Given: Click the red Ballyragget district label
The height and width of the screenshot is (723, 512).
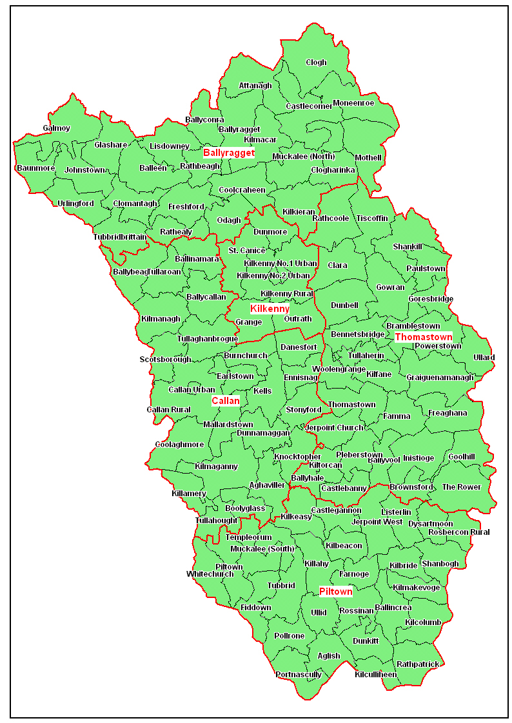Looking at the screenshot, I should pyautogui.click(x=229, y=153).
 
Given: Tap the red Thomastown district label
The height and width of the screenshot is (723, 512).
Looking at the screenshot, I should pyautogui.click(x=423, y=337).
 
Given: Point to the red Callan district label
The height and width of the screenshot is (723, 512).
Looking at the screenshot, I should pyautogui.click(x=226, y=401).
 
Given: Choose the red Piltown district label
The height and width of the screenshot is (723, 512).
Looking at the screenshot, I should pyautogui.click(x=336, y=592).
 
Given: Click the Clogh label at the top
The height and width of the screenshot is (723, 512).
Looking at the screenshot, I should pyautogui.click(x=316, y=63).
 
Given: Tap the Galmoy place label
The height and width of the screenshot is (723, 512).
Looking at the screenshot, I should pyautogui.click(x=57, y=128).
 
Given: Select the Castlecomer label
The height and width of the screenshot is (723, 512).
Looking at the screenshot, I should pyautogui.click(x=309, y=106).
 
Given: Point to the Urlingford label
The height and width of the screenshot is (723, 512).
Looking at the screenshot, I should pyautogui.click(x=75, y=204).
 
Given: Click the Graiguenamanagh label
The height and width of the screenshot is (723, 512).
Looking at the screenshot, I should pyautogui.click(x=440, y=378).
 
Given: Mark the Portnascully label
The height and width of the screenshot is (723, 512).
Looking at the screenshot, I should pyautogui.click(x=298, y=675).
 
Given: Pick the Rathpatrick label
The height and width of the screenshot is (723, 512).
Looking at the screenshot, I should pyautogui.click(x=418, y=664).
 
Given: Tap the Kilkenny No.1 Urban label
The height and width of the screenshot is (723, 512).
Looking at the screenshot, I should pyautogui.click(x=281, y=263).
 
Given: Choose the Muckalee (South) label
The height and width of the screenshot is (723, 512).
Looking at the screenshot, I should pyautogui.click(x=262, y=549).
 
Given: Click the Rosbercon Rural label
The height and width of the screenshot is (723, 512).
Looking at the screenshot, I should pyautogui.click(x=458, y=532).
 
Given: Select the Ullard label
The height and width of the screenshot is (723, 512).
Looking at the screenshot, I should pyautogui.click(x=484, y=358).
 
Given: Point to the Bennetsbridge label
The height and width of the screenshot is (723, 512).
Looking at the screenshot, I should pyautogui.click(x=357, y=334).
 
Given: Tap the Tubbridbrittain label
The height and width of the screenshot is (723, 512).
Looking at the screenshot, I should pyautogui.click(x=120, y=236).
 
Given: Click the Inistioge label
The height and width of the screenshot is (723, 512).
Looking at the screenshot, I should pyautogui.click(x=418, y=458).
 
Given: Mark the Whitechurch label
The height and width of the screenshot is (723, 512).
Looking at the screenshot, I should pyautogui.click(x=210, y=574).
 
